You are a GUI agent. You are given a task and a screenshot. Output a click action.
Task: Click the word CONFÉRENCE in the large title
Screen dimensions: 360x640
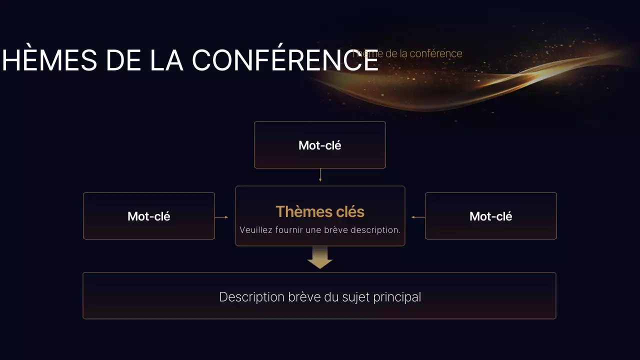tap(285, 60)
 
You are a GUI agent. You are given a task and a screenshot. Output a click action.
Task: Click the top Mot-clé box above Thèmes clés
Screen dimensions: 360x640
tap(320, 145)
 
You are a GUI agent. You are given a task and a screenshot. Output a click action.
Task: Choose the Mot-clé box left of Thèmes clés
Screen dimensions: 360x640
tap(149, 216)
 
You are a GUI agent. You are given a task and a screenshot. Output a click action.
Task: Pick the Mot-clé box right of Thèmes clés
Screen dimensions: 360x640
tap(490, 216)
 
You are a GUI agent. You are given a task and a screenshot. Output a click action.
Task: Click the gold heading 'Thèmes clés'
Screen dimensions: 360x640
tap(320, 211)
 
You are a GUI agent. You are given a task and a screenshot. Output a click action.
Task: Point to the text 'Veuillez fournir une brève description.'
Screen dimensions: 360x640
tap(320, 230)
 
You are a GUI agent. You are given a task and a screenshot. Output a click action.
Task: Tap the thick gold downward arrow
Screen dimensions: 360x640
tap(320, 257)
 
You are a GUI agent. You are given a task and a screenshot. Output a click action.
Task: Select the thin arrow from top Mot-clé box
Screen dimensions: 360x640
tap(320, 175)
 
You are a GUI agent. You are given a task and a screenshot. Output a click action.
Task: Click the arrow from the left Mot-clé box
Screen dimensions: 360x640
tap(221, 217)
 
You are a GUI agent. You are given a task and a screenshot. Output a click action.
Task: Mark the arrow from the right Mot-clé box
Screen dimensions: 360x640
tap(418, 217)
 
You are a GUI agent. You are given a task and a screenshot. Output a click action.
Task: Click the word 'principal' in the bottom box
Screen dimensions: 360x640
tap(397, 297)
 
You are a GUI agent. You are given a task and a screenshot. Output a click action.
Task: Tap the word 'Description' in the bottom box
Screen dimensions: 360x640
tap(251, 297)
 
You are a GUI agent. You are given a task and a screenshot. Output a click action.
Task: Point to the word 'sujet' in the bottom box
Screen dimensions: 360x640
tap(356, 297)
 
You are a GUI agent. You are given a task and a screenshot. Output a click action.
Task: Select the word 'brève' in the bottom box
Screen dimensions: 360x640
tap(301, 297)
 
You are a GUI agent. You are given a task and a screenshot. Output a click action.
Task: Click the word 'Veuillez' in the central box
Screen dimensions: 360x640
tap(255, 230)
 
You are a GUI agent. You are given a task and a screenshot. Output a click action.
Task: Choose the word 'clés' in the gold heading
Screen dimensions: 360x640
tap(348, 211)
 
